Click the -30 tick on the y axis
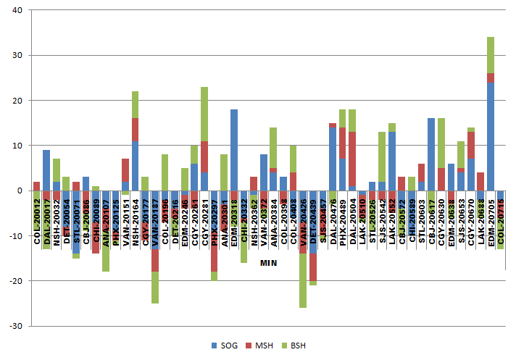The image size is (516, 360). tap(16, 325)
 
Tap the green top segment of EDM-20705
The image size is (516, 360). tap(491, 55)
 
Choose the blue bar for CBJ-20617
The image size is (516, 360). tap(431, 154)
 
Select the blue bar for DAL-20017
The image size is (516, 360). tap(46, 170)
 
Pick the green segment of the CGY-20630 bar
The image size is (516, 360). tap(441, 143)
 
